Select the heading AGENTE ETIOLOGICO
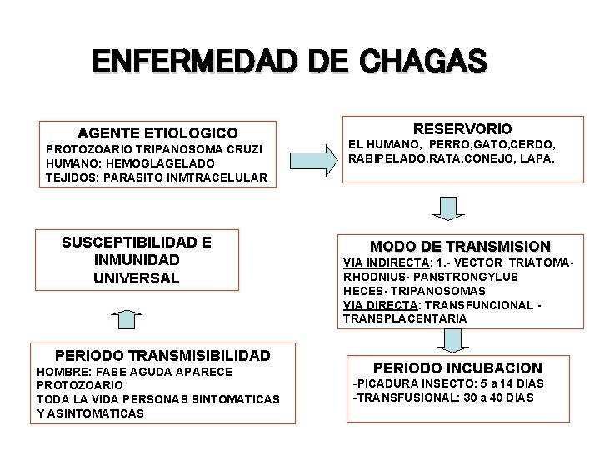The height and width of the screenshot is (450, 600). (x=157, y=132)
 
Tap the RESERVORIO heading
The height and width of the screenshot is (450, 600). (x=463, y=128)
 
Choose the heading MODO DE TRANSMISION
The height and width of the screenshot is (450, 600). (x=460, y=246)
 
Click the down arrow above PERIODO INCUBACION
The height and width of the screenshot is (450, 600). (x=452, y=340)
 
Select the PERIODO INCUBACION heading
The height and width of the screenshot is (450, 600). (x=457, y=367)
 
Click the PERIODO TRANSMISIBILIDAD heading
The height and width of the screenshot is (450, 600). (x=162, y=355)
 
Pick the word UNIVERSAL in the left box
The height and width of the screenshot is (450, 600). (x=137, y=277)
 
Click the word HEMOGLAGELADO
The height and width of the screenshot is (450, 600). (x=148, y=163)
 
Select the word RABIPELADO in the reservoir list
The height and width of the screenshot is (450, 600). (x=386, y=157)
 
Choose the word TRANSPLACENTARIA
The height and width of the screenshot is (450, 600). (x=405, y=319)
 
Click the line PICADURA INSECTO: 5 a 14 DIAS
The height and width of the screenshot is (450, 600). (x=449, y=383)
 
